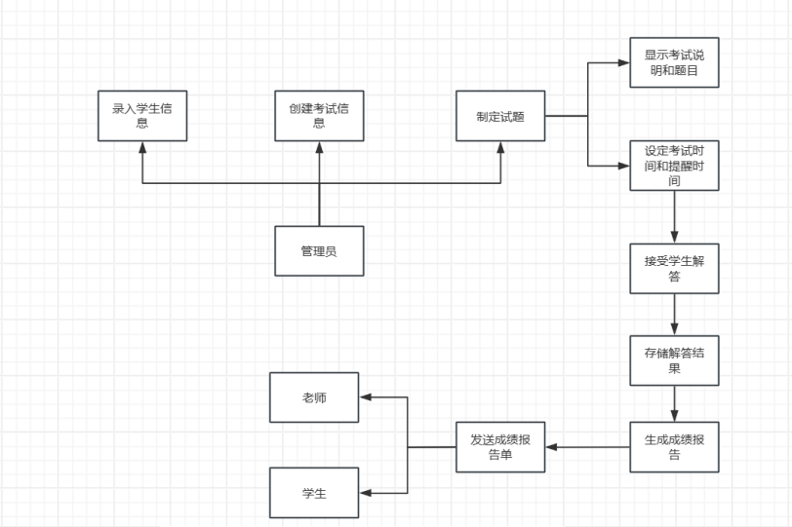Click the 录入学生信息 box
coord(142,116)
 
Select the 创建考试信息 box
coord(319,116)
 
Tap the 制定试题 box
coord(500,116)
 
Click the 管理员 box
coord(319,251)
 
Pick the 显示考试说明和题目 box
coord(674,62)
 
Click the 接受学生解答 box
coord(674,268)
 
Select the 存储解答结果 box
coord(674,360)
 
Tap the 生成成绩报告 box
coord(674,446)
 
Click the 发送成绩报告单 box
coord(500,447)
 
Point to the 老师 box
coord(314,397)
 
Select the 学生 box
coord(314,493)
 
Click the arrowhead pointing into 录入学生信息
coord(142,148)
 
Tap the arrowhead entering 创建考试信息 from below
coord(319,148)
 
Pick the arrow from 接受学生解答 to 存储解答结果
coord(674,314)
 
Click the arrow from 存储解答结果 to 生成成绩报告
coord(674,403)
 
